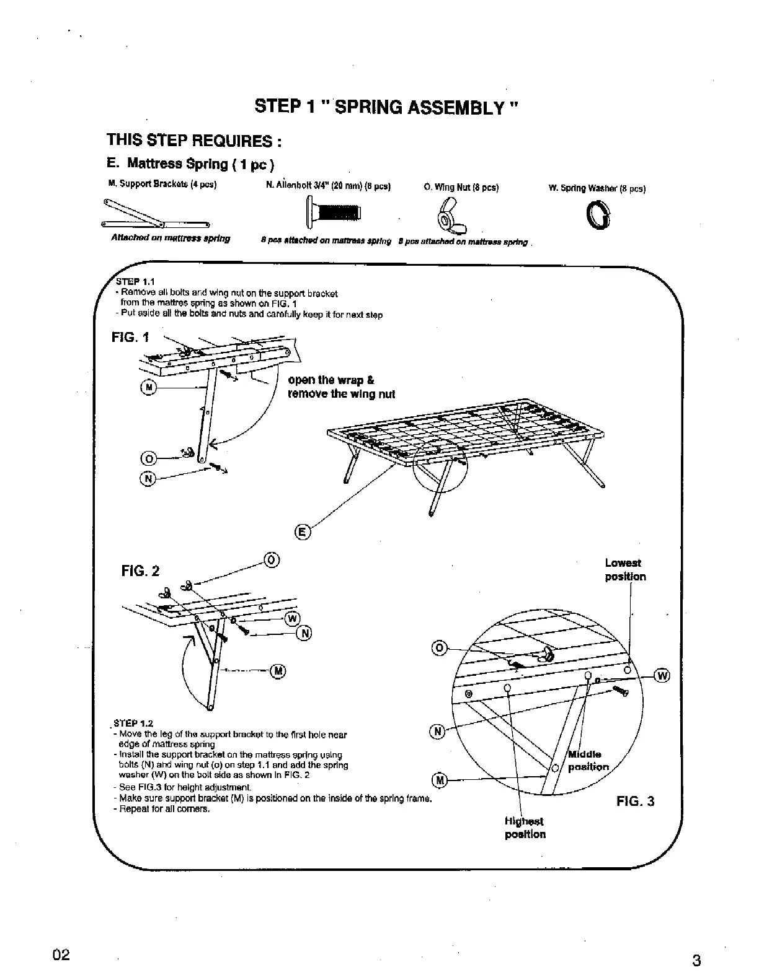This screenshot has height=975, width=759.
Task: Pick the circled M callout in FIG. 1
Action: pos(148,388)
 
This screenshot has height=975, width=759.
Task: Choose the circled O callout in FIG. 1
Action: pos(148,459)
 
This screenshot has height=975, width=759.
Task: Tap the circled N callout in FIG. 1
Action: pos(148,479)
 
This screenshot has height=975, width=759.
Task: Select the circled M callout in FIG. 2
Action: pos(278,670)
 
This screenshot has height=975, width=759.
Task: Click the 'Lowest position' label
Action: pos(625,570)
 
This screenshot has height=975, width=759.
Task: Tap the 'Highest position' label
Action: pos(525,828)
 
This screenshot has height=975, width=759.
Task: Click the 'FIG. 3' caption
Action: pos(635,801)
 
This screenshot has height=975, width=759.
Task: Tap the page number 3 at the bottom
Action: pos(696,961)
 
